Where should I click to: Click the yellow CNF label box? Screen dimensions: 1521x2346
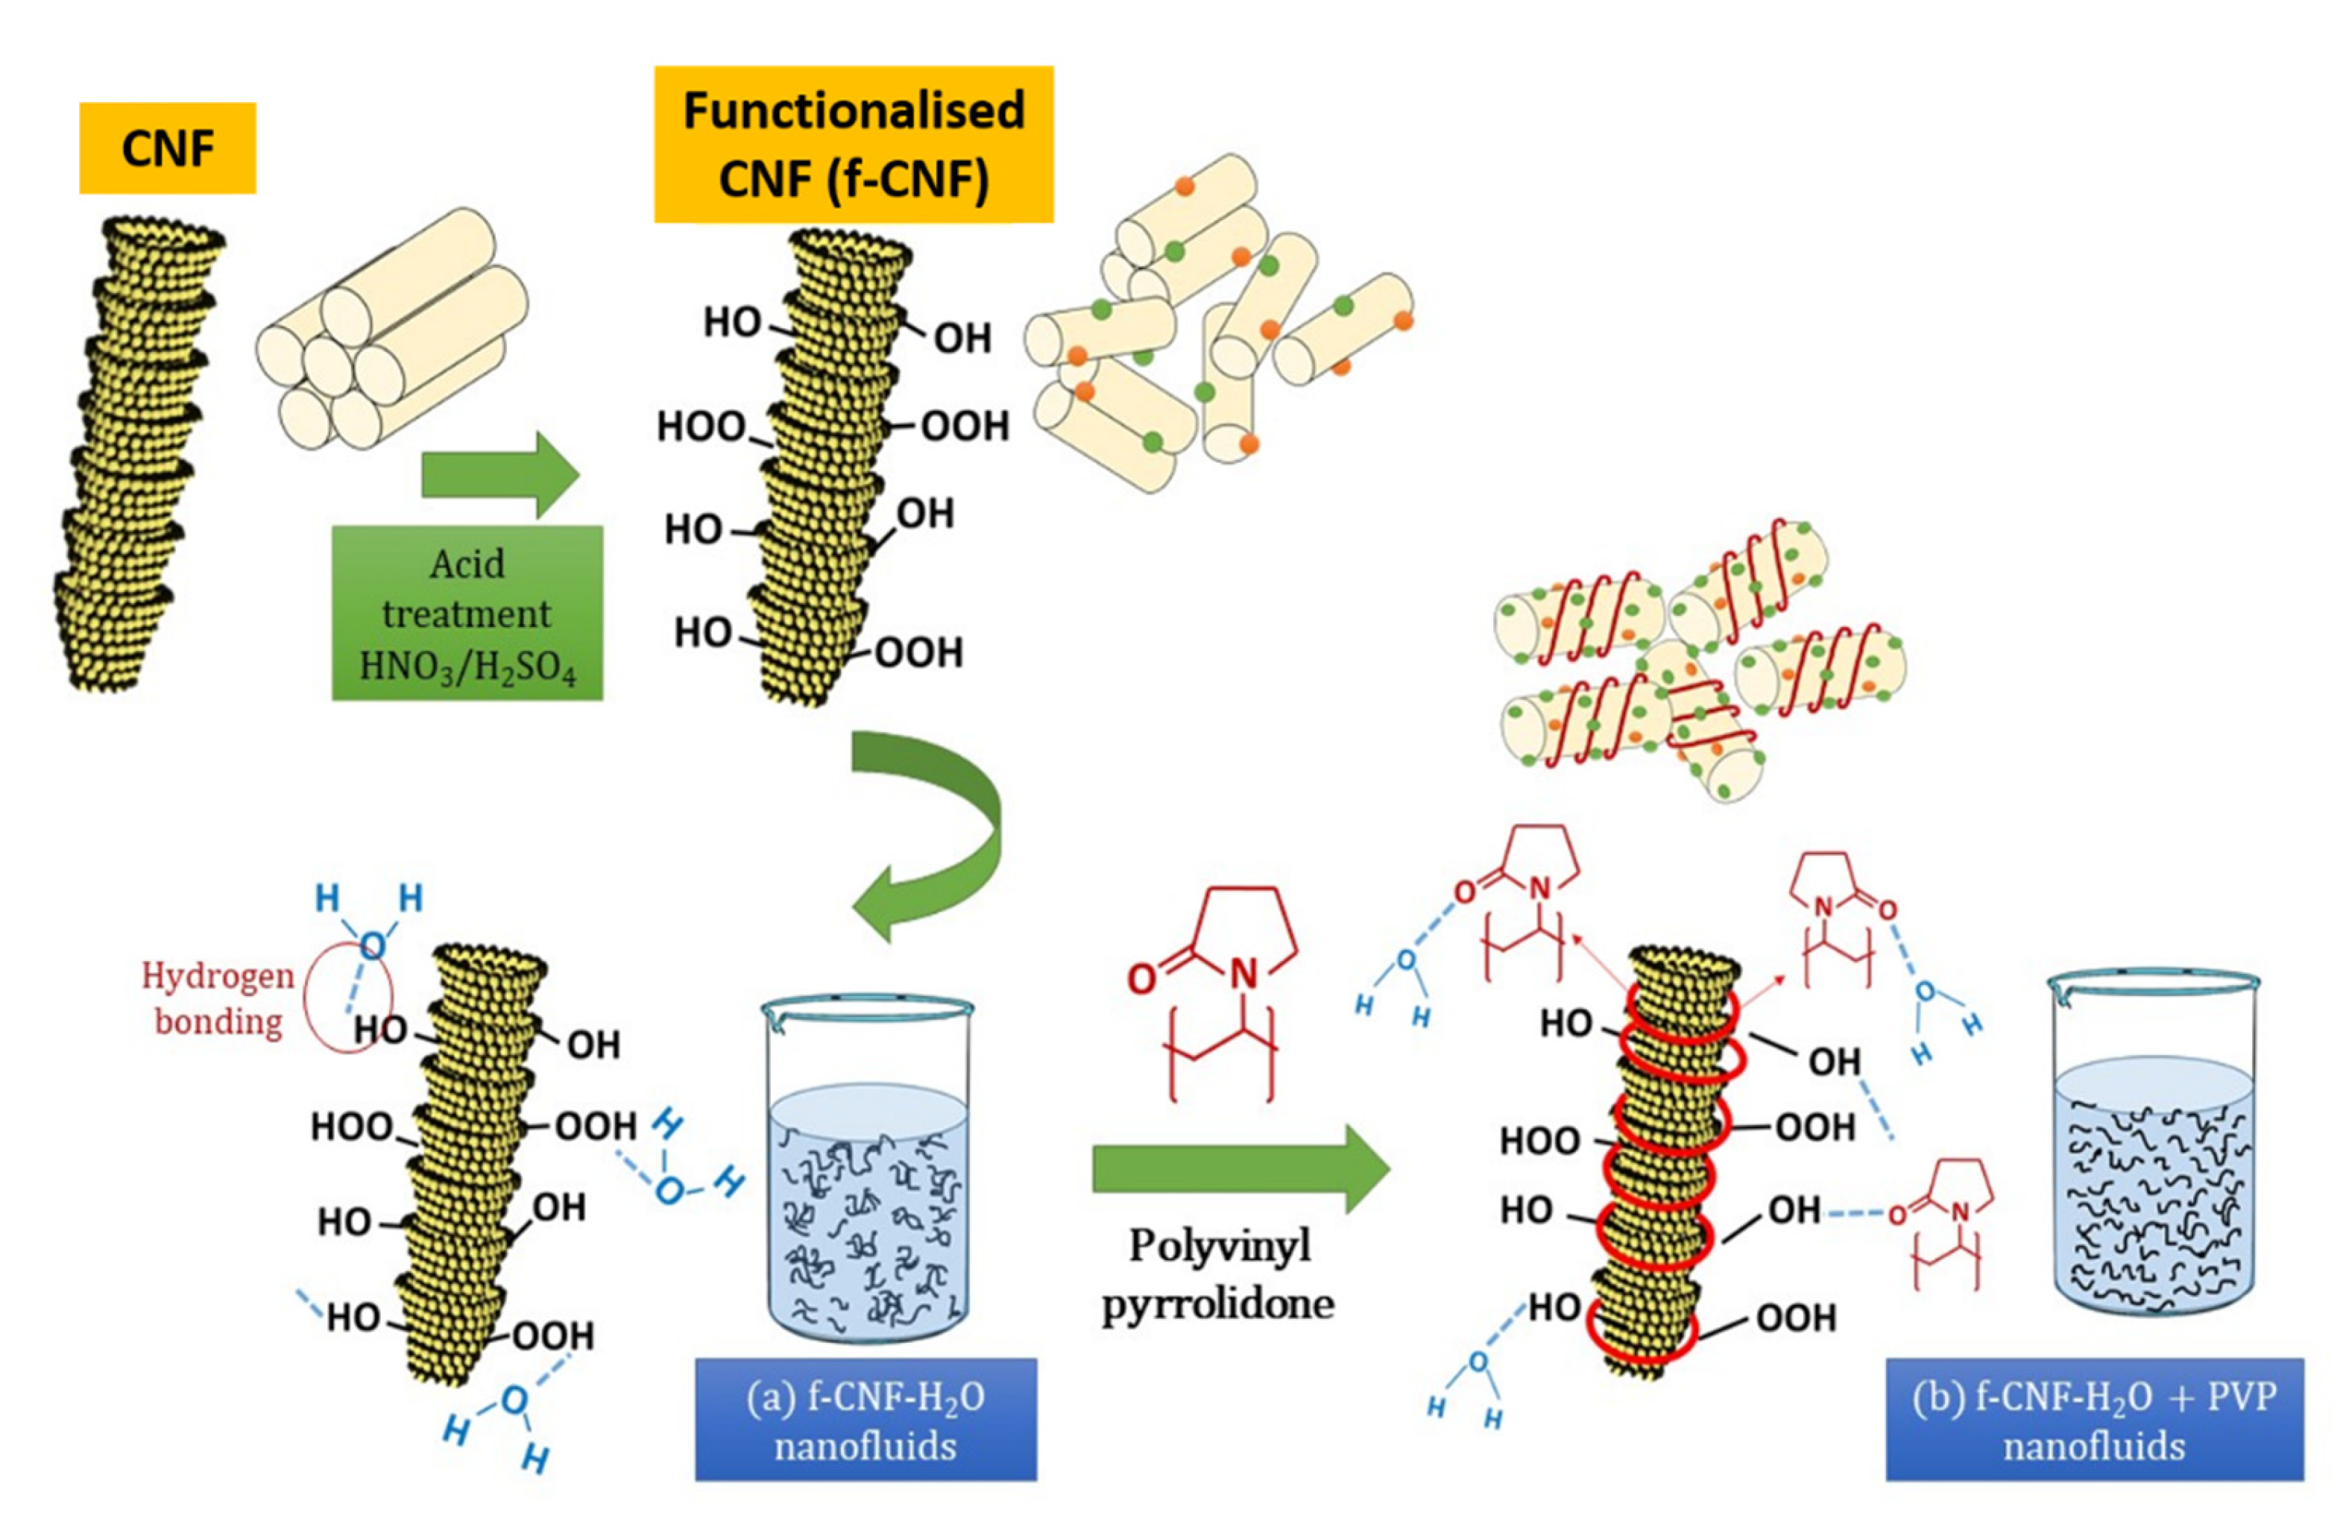tap(168, 148)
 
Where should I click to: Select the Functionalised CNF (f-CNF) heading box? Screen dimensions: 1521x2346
tap(854, 144)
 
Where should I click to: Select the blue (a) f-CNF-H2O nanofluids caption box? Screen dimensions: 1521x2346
tap(865, 1420)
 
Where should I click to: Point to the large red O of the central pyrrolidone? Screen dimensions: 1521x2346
tap(1141, 979)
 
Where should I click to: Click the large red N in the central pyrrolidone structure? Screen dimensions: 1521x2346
tap(1244, 974)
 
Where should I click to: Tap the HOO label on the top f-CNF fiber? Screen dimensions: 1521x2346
tap(701, 426)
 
